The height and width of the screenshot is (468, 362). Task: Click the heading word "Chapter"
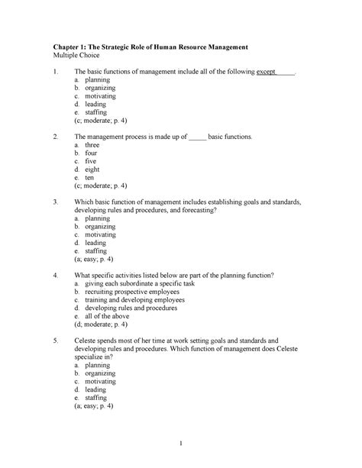66,48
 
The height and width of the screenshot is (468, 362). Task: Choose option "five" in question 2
92,161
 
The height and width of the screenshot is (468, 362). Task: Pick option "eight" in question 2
93,170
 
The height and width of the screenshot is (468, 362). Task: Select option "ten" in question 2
90,177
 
